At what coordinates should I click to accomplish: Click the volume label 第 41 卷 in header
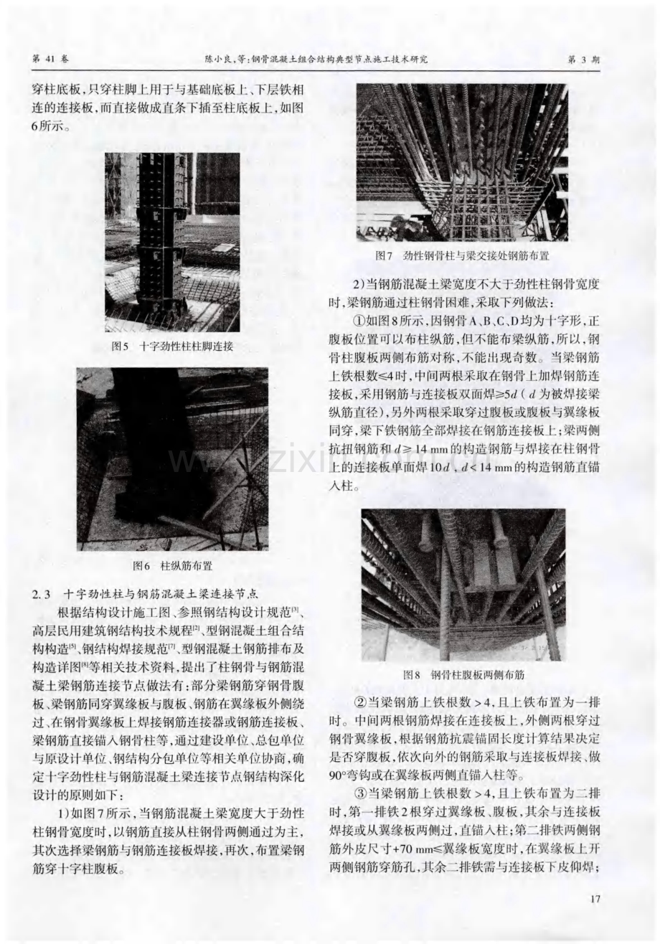click(51, 60)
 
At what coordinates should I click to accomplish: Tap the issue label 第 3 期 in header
click(584, 60)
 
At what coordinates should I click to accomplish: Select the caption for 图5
click(172, 346)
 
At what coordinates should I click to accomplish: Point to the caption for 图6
click(172, 565)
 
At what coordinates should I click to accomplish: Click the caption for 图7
click(462, 255)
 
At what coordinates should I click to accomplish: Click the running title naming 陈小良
click(316, 60)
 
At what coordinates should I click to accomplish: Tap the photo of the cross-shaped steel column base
click(172, 242)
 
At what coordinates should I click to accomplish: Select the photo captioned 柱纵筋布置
click(172, 459)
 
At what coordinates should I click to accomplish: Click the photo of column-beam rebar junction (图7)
click(462, 163)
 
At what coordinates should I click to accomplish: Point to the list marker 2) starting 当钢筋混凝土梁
click(359, 285)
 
